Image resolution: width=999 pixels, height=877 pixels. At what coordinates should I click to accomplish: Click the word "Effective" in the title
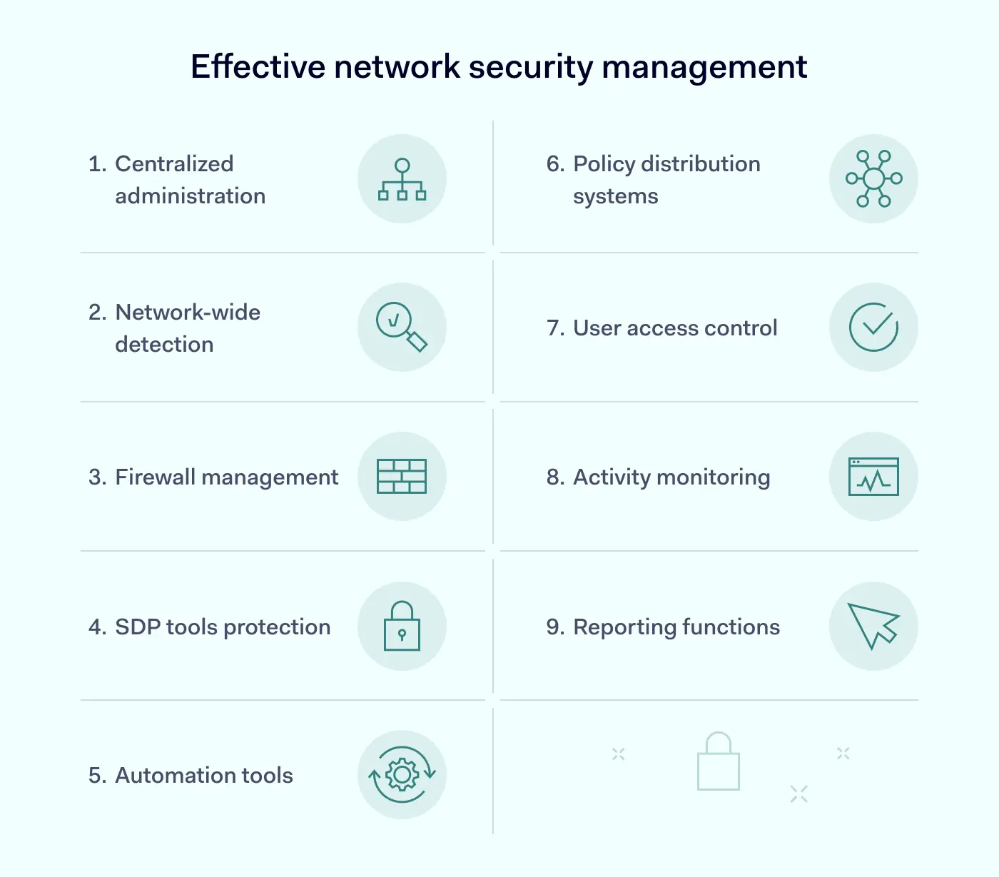(258, 67)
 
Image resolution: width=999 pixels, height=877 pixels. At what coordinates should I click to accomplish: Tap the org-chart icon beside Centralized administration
(402, 179)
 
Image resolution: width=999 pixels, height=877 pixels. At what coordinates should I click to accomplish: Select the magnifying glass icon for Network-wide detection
(401, 327)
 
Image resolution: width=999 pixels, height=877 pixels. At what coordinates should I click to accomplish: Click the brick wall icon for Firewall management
(402, 477)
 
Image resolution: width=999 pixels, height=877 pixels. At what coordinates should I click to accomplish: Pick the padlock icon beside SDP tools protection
(402, 626)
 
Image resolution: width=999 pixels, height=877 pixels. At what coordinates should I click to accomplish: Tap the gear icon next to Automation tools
(402, 775)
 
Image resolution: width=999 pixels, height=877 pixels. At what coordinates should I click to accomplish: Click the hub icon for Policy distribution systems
(873, 178)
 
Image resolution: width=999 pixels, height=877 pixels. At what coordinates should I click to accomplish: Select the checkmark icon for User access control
(873, 328)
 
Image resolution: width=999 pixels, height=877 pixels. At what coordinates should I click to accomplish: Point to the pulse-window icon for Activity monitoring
(873, 477)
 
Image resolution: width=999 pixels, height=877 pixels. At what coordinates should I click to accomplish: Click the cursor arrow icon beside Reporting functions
(873, 626)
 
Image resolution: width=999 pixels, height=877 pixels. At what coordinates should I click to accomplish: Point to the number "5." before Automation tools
(97, 776)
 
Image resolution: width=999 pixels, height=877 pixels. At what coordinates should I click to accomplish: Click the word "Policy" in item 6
(604, 164)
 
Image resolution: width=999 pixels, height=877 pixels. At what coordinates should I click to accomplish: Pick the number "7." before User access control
(555, 328)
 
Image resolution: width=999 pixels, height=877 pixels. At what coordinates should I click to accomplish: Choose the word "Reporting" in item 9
(624, 627)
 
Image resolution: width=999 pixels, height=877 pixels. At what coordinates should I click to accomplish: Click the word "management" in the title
(704, 67)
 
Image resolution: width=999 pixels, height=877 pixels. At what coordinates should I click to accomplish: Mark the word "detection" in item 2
(164, 345)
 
